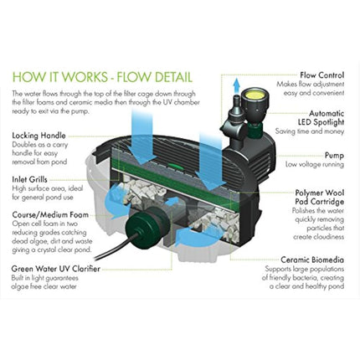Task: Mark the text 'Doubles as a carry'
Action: pyautogui.click(x=41, y=143)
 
